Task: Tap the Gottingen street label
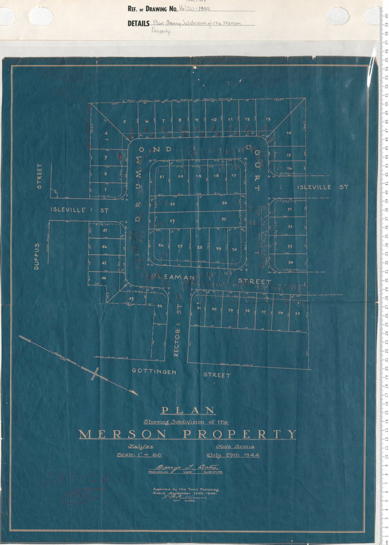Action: pyautogui.click(x=154, y=371)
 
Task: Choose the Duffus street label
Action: pyautogui.click(x=37, y=256)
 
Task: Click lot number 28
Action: pyautogui.click(x=199, y=247)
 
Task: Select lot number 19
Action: pyautogui.click(x=198, y=176)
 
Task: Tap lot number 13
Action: pyautogui.click(x=268, y=119)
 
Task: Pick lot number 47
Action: pyautogui.click(x=105, y=230)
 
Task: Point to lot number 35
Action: pyautogui.click(x=297, y=313)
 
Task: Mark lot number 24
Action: pyautogui.click(x=225, y=203)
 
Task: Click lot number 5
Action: pyautogui.click(x=124, y=122)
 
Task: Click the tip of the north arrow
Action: pyautogui.click(x=138, y=395)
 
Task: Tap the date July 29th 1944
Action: pyautogui.click(x=233, y=455)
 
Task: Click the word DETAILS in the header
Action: pyautogui.click(x=138, y=24)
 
